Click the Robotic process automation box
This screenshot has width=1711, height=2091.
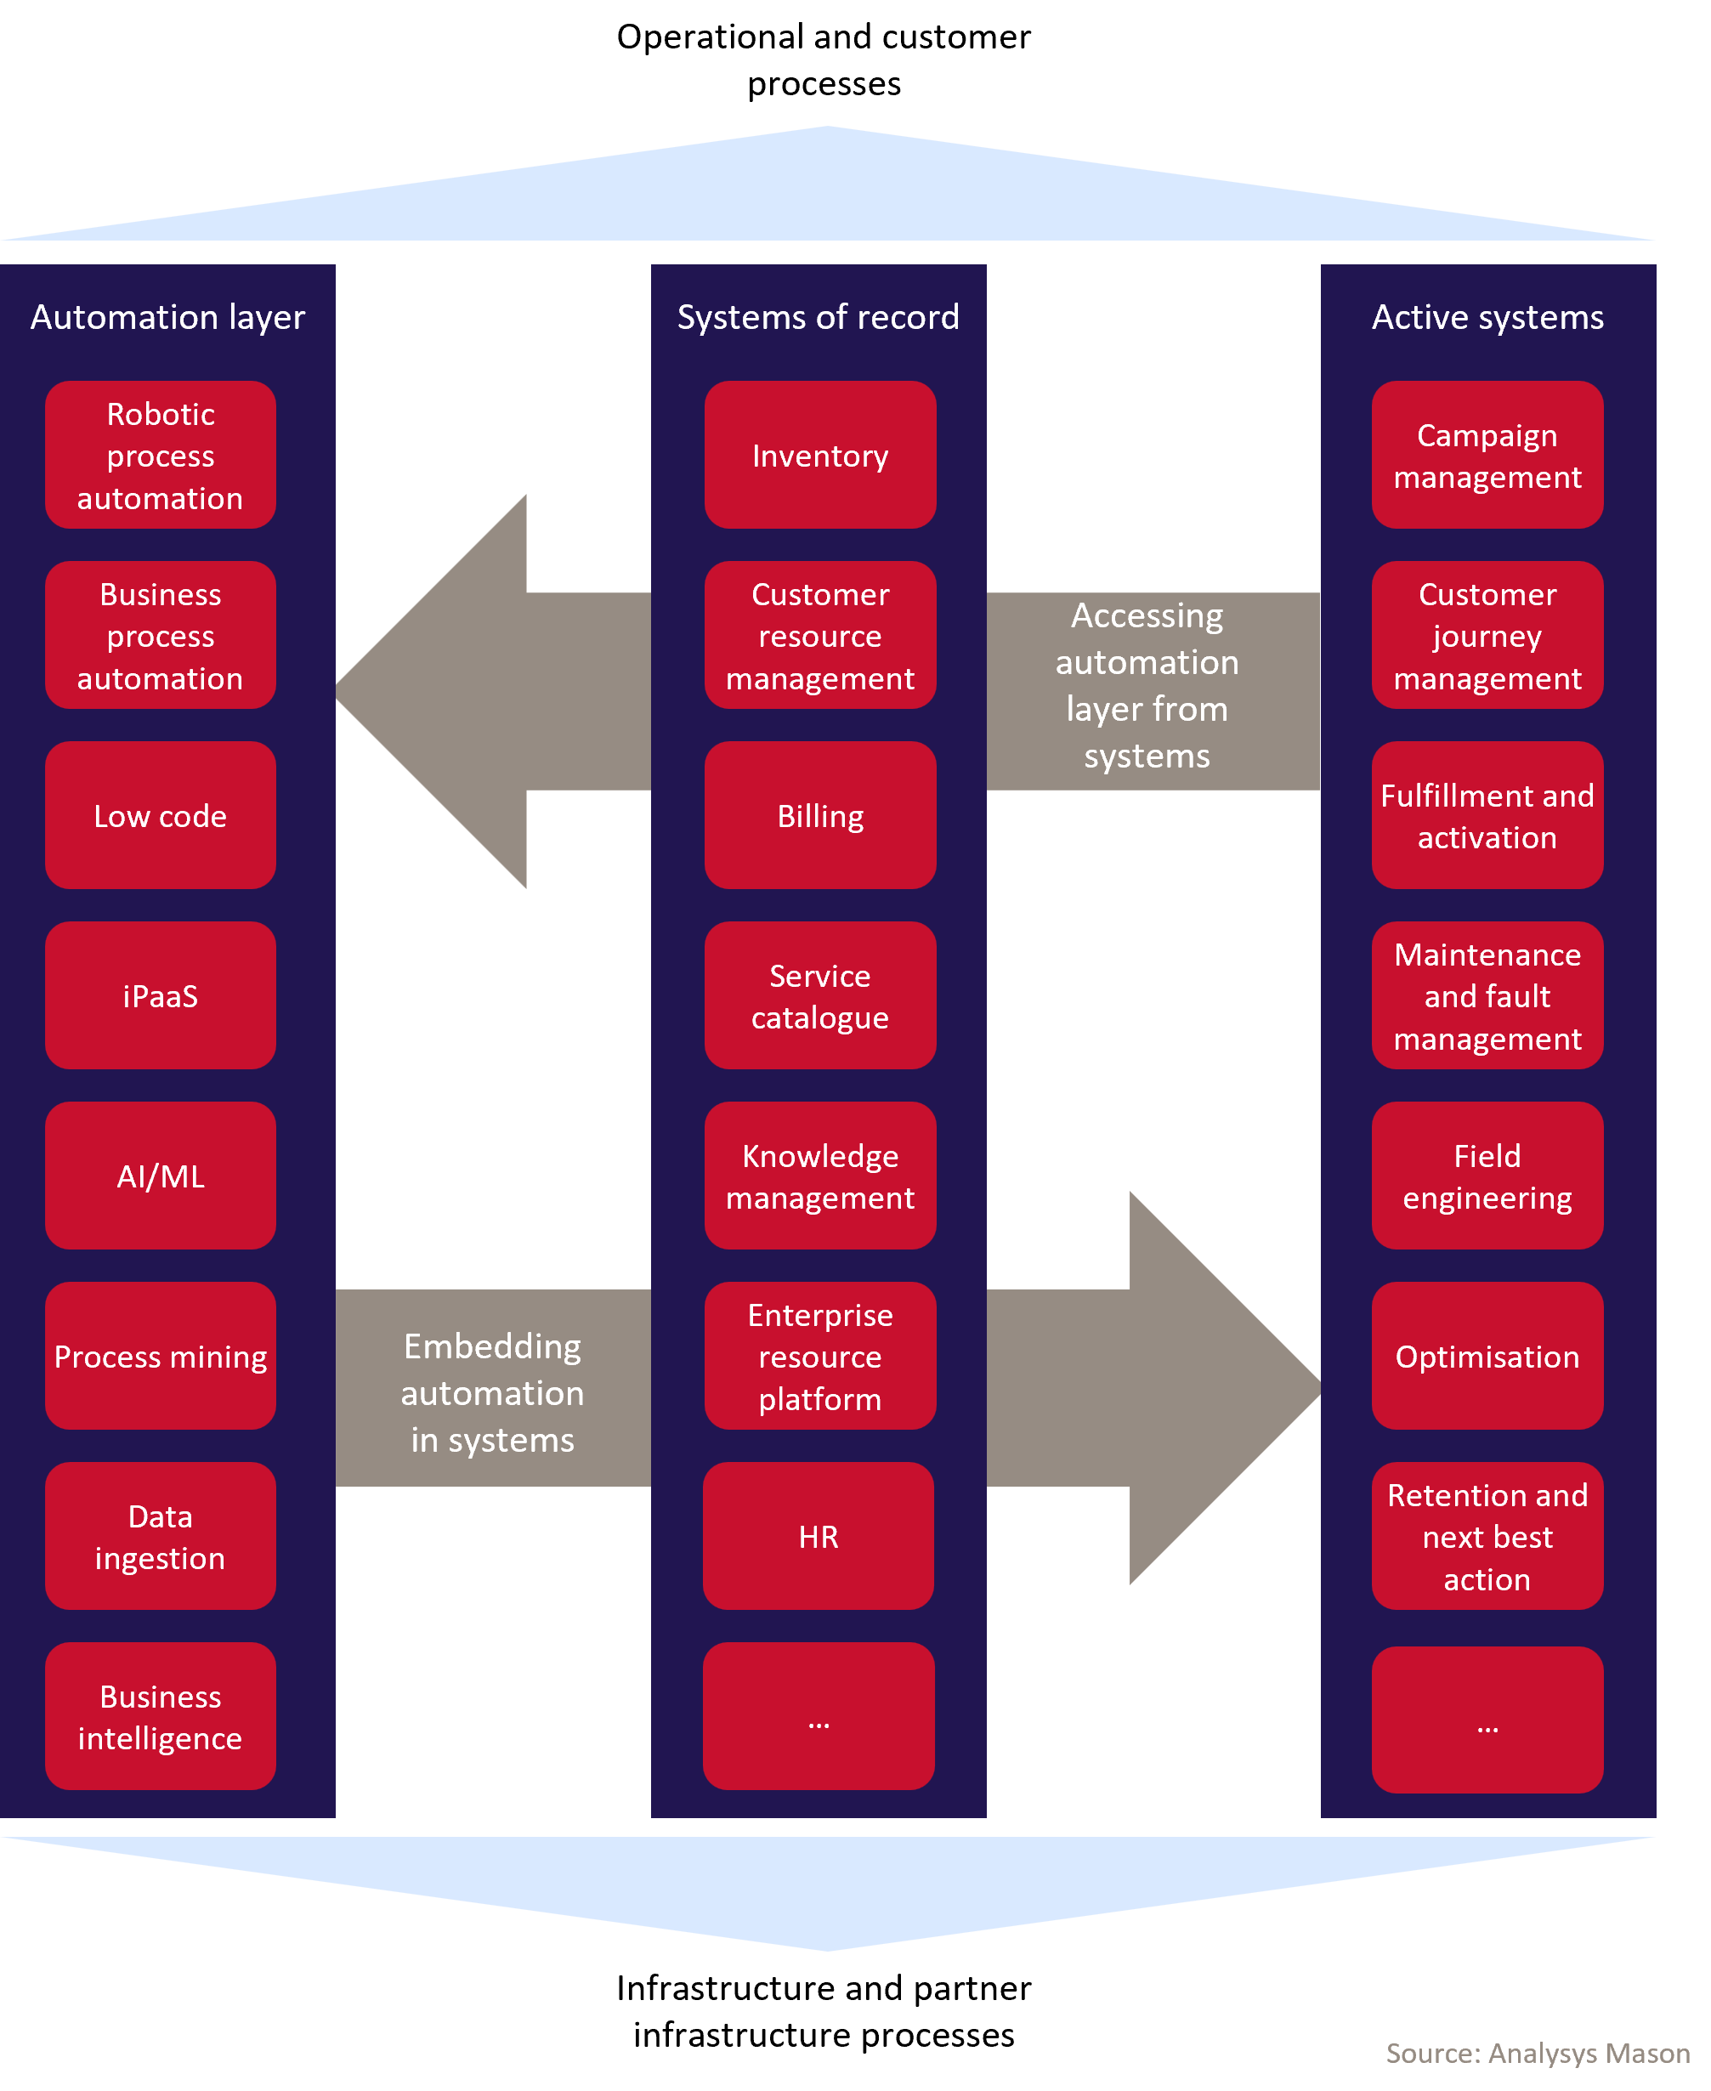161,456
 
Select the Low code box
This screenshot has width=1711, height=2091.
161,816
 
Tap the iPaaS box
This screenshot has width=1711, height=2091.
161,996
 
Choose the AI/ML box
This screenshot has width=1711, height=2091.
161,1176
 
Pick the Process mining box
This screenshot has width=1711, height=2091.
161,1357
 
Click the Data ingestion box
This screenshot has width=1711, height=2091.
161,1537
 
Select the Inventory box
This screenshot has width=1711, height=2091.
820,456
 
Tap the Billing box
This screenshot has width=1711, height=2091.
820,816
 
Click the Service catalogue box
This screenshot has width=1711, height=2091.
820,996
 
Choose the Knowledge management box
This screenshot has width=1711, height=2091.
820,1176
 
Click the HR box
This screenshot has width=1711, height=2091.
818,1537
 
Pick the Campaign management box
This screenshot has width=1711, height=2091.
1487,456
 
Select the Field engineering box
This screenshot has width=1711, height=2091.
1487,1176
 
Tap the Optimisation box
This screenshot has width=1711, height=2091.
1487,1357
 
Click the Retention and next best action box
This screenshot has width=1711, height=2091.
1487,1537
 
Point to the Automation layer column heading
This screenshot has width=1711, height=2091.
167,317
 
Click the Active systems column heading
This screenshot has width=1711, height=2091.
1487,317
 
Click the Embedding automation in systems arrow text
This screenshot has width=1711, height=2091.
493,1392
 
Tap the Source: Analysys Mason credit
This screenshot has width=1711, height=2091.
1538,2053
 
